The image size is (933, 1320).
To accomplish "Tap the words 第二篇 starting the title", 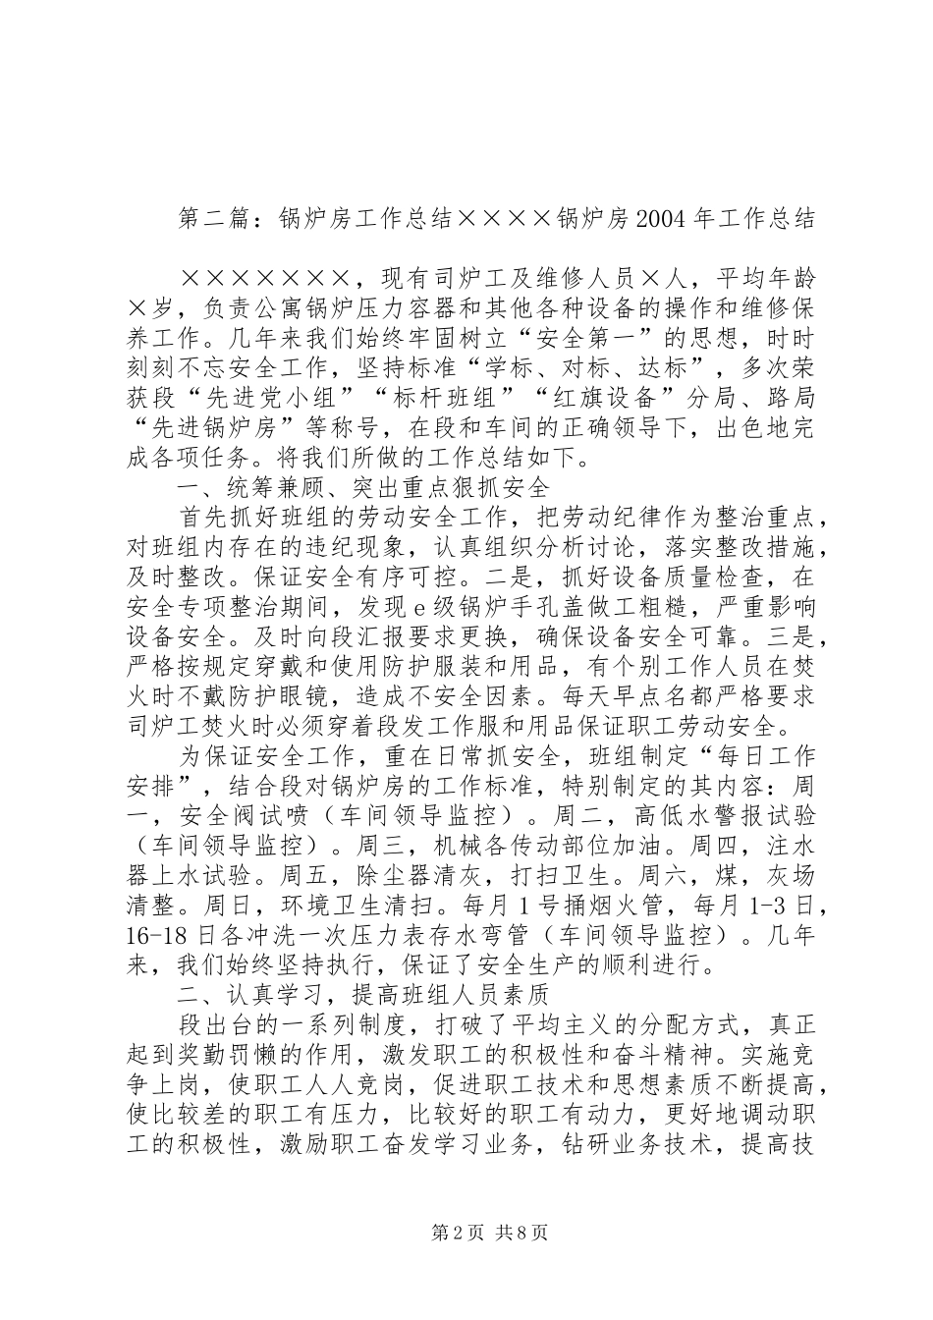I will (210, 218).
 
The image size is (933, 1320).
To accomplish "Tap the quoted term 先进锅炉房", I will (211, 431).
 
